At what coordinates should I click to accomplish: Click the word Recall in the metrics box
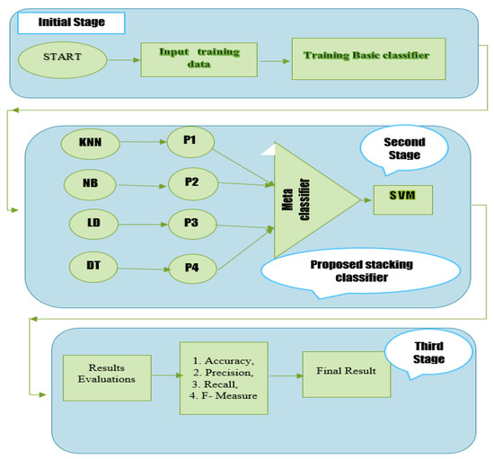218,381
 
